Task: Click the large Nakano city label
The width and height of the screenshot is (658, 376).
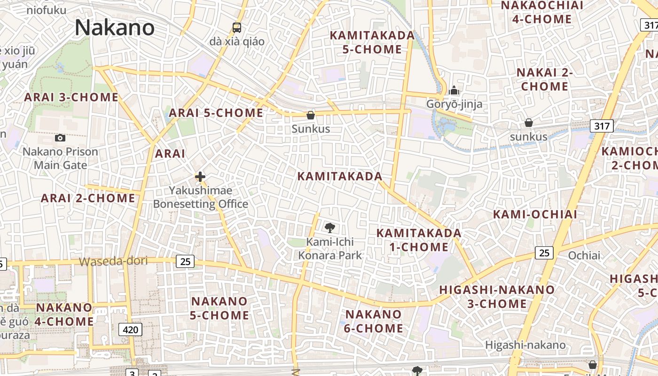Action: click(114, 28)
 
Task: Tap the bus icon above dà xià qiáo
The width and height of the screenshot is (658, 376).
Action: click(237, 28)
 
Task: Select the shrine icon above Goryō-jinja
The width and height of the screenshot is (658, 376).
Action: click(454, 90)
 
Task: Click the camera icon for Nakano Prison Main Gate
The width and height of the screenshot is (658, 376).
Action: click(60, 138)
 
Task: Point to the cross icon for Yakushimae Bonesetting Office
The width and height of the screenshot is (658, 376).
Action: click(200, 177)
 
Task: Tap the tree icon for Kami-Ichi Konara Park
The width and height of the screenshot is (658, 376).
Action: click(330, 228)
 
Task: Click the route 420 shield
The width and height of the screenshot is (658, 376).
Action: click(130, 329)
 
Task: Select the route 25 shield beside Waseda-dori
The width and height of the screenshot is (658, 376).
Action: click(185, 261)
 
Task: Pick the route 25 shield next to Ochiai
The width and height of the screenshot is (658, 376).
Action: click(544, 253)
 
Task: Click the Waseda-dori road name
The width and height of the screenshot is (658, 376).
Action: click(113, 261)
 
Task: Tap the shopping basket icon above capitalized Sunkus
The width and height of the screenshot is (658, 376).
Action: click(310, 115)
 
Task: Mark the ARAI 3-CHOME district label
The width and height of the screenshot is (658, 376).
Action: click(71, 97)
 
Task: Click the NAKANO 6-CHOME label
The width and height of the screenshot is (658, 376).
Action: click(374, 321)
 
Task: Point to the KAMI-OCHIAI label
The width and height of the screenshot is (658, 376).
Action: click(535, 214)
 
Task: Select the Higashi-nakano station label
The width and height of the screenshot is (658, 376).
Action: click(525, 345)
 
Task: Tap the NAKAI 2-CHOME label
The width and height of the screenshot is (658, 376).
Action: click(544, 79)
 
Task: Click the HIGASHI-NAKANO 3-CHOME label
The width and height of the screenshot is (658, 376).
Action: click(497, 297)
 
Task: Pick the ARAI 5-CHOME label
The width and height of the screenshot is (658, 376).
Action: click(216, 113)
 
